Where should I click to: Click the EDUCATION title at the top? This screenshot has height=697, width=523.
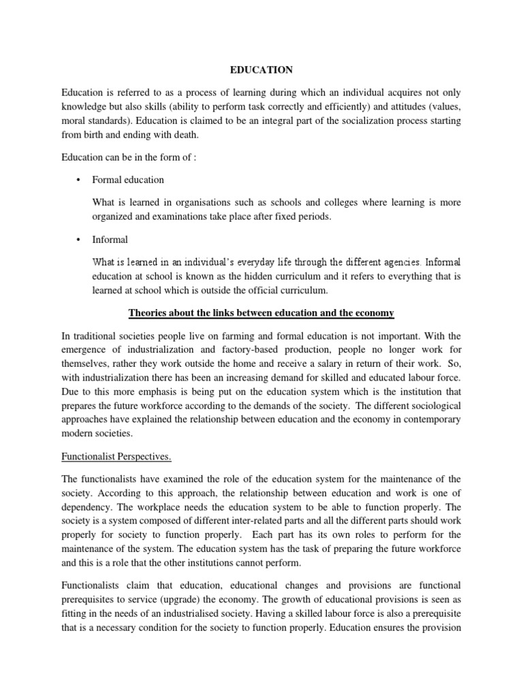[x=261, y=69]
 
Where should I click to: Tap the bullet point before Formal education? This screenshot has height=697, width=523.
[x=78, y=180]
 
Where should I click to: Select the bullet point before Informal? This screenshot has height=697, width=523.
[x=78, y=240]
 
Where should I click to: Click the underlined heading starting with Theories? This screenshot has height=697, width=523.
[x=261, y=312]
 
